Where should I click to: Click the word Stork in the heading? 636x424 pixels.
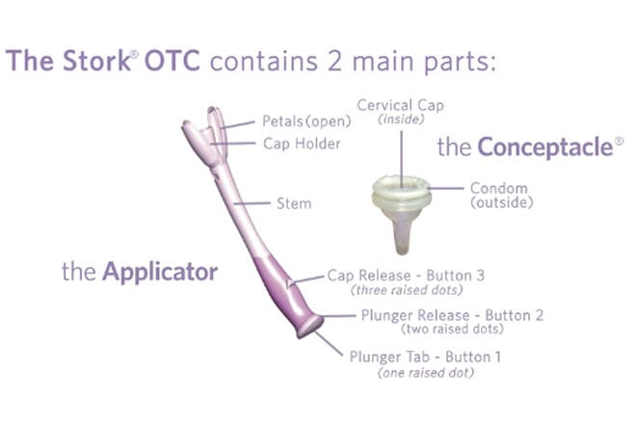(x=96, y=61)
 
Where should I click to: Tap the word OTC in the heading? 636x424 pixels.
(x=172, y=61)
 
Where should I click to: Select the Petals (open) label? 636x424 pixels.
(x=306, y=121)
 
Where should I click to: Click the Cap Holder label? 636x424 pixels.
(x=302, y=144)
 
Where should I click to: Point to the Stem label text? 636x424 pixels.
(x=294, y=203)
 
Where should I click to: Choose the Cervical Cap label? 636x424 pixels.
(x=400, y=105)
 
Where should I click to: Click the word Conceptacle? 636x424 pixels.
(x=545, y=146)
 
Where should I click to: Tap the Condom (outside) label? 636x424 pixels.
(x=502, y=196)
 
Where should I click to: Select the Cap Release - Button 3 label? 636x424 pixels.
(x=406, y=276)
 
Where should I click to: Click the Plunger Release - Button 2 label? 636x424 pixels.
(x=452, y=315)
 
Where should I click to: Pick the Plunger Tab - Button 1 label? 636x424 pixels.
(x=425, y=358)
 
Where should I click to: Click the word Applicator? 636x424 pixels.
(x=160, y=272)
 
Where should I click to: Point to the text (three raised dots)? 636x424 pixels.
(x=407, y=290)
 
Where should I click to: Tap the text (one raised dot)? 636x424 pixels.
(x=426, y=373)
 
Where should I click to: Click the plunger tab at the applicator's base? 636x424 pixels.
(x=310, y=327)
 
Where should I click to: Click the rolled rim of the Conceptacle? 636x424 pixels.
(x=401, y=192)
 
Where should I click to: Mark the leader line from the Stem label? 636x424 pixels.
(x=252, y=203)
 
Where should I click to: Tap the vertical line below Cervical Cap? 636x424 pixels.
(x=402, y=159)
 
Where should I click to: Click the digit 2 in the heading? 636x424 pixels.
(x=334, y=62)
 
